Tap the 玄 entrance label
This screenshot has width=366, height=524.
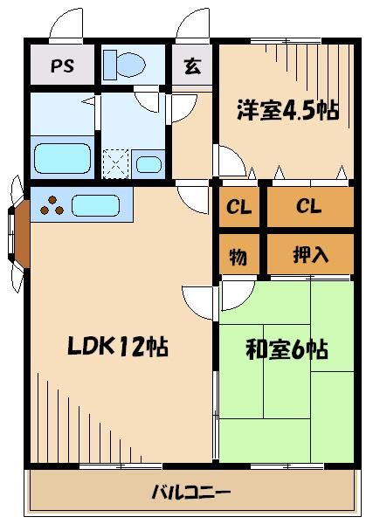pos(190,65)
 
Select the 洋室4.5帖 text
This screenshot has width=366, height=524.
pos(286,112)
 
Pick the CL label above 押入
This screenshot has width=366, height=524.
pos(308,208)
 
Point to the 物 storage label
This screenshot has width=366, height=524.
pos(238,257)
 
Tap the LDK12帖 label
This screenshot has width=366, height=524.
pos(118,347)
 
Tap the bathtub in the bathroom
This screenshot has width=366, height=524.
pos(63,159)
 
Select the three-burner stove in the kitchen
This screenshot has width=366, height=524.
pos(52,207)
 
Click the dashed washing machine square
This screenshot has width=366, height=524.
pos(115,163)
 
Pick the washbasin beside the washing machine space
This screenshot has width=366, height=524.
pos(148,163)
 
